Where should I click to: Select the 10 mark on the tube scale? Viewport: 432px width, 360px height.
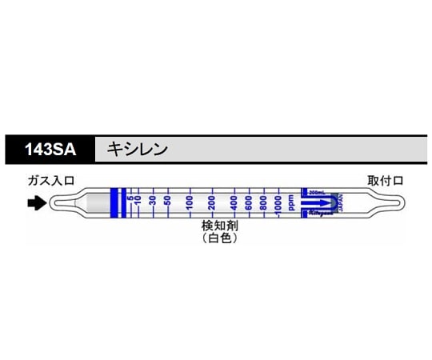[x=138, y=200]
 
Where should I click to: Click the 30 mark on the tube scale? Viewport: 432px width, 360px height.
[x=152, y=200]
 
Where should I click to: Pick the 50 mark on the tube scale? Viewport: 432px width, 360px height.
[x=168, y=200]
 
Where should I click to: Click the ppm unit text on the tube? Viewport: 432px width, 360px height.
[x=292, y=203]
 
